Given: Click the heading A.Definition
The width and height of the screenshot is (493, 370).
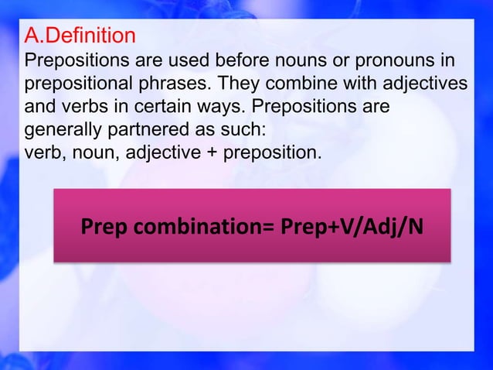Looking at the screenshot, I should pyautogui.click(x=80, y=36).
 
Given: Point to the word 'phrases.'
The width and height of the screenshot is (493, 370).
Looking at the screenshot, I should pyautogui.click(x=175, y=82).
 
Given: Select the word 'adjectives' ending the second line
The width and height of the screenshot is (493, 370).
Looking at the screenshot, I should pyautogui.click(x=425, y=82).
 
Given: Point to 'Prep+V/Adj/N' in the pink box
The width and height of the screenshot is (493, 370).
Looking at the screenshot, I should pyautogui.click(x=359, y=229).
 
